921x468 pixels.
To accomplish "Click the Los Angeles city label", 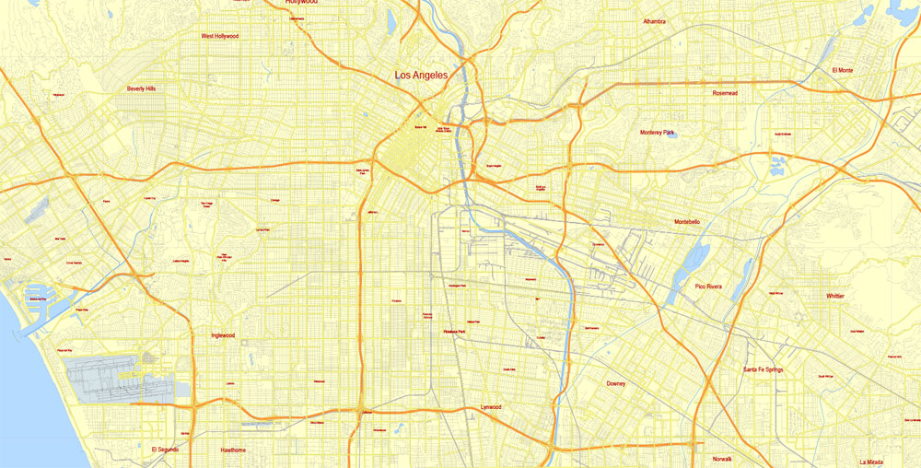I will click(422, 76).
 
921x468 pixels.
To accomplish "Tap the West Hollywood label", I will click(220, 37).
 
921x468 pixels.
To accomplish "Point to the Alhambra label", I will click(654, 20).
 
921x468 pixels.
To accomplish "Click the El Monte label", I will click(842, 70).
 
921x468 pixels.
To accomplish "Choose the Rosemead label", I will click(725, 93).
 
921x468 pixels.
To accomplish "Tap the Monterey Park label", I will click(658, 133).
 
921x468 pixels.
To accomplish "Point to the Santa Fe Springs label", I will click(764, 369).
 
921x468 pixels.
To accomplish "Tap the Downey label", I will click(616, 383).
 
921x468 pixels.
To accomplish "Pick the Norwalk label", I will click(722, 459).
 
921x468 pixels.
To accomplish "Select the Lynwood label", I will click(491, 407).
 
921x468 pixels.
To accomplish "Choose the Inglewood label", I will click(223, 335).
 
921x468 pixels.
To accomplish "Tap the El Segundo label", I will click(165, 450).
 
